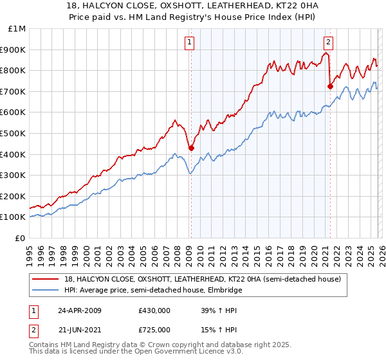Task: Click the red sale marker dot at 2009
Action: tap(191, 148)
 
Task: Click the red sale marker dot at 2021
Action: tap(330, 85)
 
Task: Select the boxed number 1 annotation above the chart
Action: tap(190, 43)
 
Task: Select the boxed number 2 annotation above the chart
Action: tap(329, 43)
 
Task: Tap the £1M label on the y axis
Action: tap(17, 28)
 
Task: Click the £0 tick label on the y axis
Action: tap(21, 238)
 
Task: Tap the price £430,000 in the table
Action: tap(154, 310)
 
